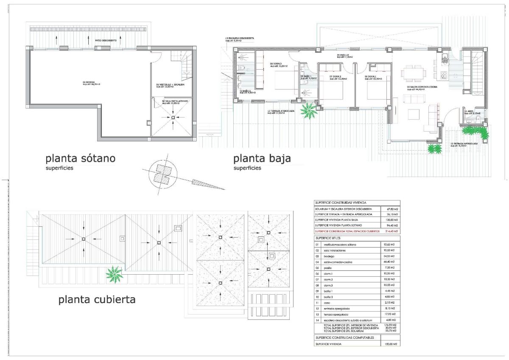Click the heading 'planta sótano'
pos(80,159)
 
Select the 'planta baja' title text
pos(262,159)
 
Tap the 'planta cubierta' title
pos(97,300)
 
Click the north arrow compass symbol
pos(162,174)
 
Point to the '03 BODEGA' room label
pos(91,83)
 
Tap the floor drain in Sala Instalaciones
pos(173,118)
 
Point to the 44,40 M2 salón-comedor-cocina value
pos(389,262)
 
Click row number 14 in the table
pos(316,320)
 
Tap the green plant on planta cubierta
pos(115,274)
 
